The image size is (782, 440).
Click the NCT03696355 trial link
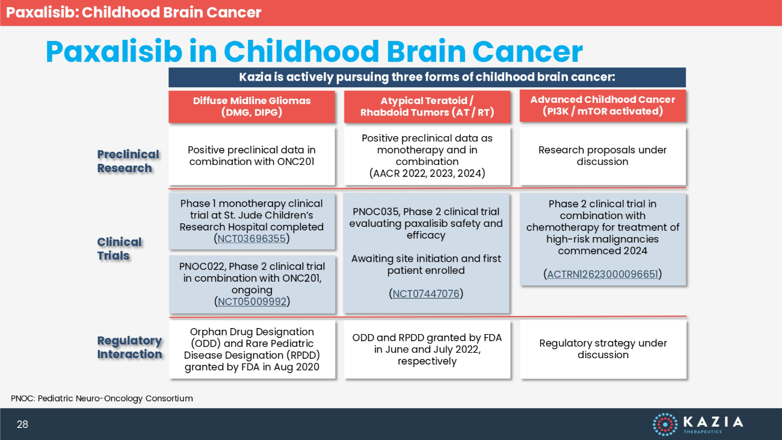click(x=251, y=238)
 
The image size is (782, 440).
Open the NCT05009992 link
click(x=252, y=302)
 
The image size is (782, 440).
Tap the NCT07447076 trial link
click(x=426, y=294)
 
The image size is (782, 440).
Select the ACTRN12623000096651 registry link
click(x=603, y=274)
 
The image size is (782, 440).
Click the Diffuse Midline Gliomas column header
click(x=251, y=107)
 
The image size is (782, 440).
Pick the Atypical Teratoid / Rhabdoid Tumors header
click(x=427, y=107)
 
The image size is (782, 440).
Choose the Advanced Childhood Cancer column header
click(x=603, y=105)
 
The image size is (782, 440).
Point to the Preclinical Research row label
click(x=128, y=161)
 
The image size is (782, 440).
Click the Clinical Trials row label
click(x=119, y=249)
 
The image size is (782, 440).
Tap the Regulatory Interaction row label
click(x=129, y=347)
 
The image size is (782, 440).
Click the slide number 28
click(x=22, y=424)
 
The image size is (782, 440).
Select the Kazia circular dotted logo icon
click(x=665, y=424)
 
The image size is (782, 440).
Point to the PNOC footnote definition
click(x=102, y=398)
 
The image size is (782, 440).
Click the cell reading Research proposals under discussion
click(x=603, y=156)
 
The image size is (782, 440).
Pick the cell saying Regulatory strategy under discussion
click(x=603, y=349)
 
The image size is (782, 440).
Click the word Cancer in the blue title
click(x=528, y=51)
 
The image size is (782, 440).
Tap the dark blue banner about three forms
click(x=427, y=77)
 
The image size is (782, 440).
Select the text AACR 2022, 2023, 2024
click(x=427, y=173)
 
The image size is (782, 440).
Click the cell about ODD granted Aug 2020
click(x=252, y=349)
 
